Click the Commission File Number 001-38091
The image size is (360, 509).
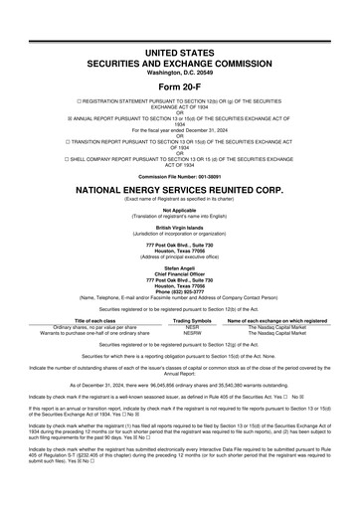[x=179, y=177]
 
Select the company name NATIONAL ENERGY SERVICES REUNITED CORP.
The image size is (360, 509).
[x=179, y=190]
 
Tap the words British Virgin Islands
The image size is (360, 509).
[x=179, y=226]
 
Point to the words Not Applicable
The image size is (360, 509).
[x=179, y=210]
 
